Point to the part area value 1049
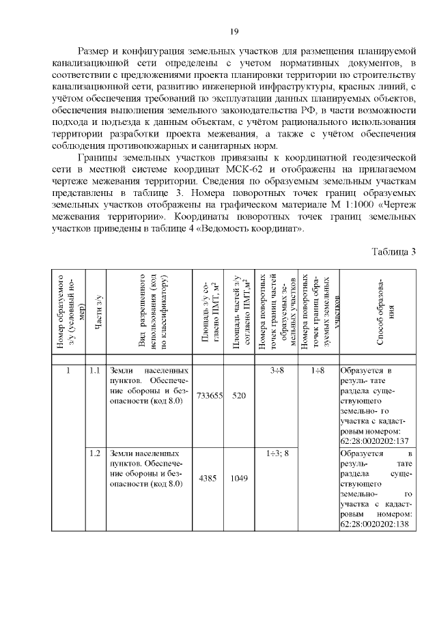(x=238, y=478)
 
